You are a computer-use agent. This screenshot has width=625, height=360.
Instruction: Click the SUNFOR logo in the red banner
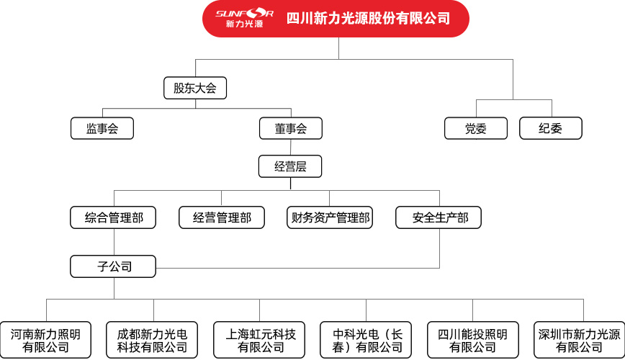(x=244, y=18)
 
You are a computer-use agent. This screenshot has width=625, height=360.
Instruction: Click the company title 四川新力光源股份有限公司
(x=368, y=18)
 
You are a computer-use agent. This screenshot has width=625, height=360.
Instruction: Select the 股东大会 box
(x=195, y=88)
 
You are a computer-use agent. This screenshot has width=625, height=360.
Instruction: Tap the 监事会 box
(x=102, y=128)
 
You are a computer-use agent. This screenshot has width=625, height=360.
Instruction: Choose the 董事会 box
(x=291, y=128)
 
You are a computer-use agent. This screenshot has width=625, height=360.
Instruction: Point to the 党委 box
(x=476, y=128)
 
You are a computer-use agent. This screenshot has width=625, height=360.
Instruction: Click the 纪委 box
(x=550, y=128)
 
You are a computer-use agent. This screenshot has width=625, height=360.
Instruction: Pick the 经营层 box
(x=290, y=166)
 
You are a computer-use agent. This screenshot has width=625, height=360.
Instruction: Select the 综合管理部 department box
(x=113, y=217)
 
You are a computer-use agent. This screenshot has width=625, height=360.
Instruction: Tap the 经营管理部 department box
(x=222, y=217)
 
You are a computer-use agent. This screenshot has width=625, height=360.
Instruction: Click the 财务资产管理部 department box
(x=330, y=217)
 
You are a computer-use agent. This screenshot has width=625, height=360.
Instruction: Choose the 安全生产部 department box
(x=439, y=217)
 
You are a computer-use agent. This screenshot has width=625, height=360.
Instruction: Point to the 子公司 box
(x=113, y=266)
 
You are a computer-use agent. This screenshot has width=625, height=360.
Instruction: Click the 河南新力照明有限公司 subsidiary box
(x=45, y=340)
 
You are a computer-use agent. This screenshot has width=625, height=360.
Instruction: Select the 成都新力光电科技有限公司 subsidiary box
(x=152, y=340)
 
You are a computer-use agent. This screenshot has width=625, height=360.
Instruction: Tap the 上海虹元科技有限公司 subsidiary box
(x=259, y=340)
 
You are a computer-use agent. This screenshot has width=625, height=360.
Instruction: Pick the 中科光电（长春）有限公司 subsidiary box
(x=366, y=340)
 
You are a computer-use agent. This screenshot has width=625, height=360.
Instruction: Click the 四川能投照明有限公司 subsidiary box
(x=473, y=340)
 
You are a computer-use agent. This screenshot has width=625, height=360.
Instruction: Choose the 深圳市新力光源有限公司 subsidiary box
(x=579, y=340)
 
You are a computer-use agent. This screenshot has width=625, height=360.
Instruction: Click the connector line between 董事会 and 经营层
(x=291, y=147)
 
